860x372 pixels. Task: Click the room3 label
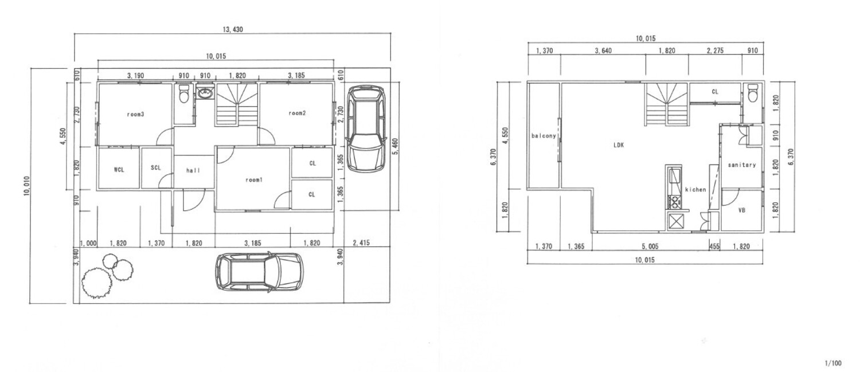(135, 115)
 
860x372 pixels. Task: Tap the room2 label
(297, 113)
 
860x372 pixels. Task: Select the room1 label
(254, 179)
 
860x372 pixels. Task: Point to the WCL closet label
(119, 170)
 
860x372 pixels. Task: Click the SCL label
(155, 168)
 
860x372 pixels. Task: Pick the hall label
(193, 170)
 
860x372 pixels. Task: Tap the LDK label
(619, 145)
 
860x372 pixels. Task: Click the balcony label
(544, 136)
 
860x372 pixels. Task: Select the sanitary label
(742, 165)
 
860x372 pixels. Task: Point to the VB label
(742, 210)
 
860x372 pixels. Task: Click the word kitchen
(695, 189)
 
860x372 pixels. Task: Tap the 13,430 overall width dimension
(233, 30)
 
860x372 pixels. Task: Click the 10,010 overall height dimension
(27, 186)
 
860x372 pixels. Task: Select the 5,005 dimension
(650, 246)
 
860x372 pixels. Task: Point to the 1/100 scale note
(832, 363)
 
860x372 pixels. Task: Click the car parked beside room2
(366, 128)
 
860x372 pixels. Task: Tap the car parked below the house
(259, 272)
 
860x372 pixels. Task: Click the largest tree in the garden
(97, 283)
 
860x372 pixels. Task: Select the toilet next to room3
(184, 93)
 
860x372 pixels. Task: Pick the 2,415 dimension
(361, 243)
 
